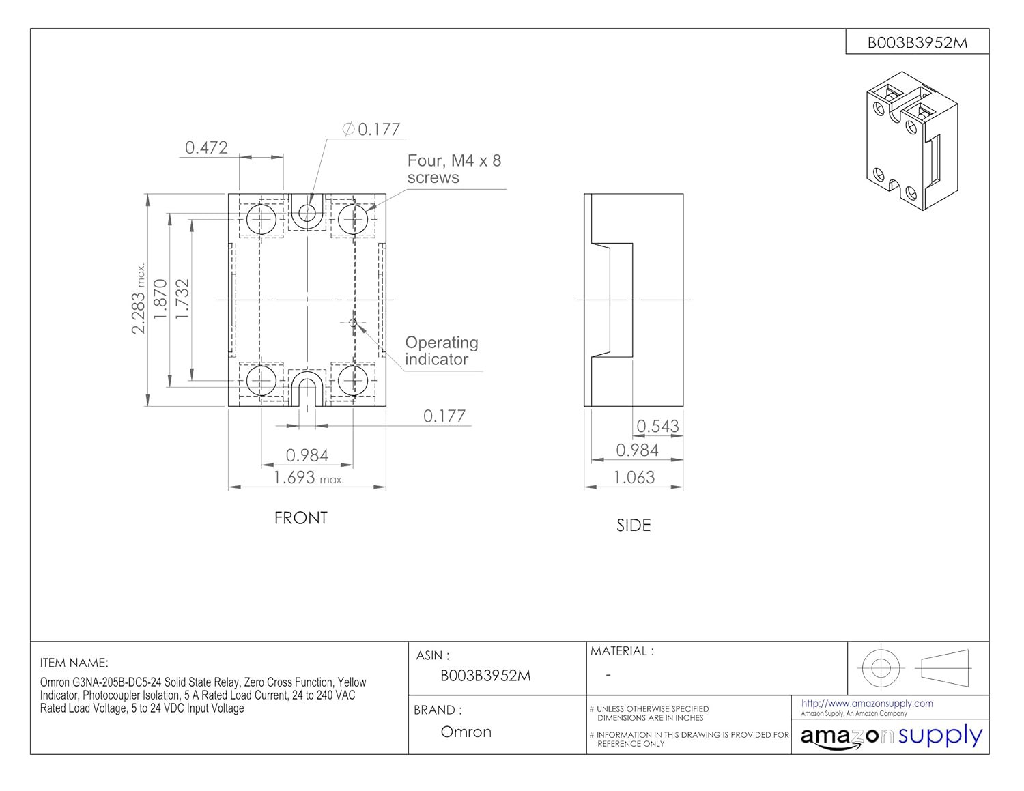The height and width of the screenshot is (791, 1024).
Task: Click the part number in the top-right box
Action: click(917, 43)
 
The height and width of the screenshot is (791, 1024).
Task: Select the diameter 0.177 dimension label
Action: click(371, 129)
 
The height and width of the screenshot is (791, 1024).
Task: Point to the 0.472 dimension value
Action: click(206, 148)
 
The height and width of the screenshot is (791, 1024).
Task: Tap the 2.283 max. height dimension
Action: click(138, 299)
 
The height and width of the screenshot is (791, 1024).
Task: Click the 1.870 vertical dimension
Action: click(160, 299)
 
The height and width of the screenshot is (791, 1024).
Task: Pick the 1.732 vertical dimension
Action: click(182, 299)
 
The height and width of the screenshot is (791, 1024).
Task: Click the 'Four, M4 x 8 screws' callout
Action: click(454, 169)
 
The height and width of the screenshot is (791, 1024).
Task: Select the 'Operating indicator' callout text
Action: click(442, 351)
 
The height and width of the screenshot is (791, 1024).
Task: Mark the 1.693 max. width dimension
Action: click(309, 478)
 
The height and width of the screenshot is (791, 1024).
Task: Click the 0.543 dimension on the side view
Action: click(657, 426)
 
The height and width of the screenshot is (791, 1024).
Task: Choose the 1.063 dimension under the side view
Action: click(634, 478)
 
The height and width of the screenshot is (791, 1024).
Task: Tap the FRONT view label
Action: click(300, 518)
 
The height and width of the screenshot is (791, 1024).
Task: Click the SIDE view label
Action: click(634, 526)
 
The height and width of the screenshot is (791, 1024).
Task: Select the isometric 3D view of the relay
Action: click(912, 141)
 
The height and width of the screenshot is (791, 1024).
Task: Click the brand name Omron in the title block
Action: click(466, 732)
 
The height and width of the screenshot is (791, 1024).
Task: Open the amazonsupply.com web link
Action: click(867, 704)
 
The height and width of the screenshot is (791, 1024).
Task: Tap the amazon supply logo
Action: click(892, 737)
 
